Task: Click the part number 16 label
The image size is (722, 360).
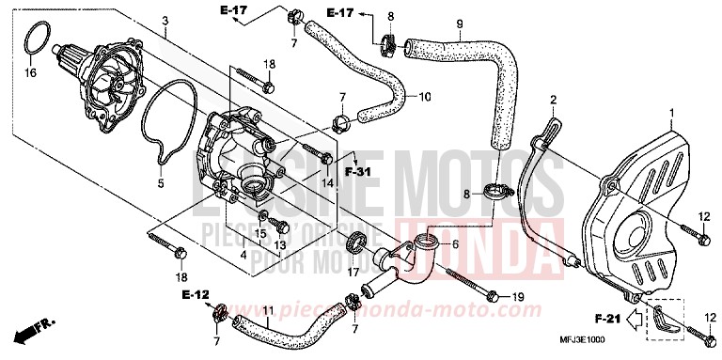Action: (x=30, y=71)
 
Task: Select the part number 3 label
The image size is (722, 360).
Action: (x=165, y=21)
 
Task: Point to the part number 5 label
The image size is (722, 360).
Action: (x=160, y=183)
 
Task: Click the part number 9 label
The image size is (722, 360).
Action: (x=460, y=23)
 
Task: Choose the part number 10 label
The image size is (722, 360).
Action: (x=424, y=96)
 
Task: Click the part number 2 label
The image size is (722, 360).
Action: (x=554, y=100)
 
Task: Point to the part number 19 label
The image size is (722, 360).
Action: (x=516, y=297)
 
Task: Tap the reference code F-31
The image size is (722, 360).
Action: (x=357, y=172)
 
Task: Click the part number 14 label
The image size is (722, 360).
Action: (x=326, y=183)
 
